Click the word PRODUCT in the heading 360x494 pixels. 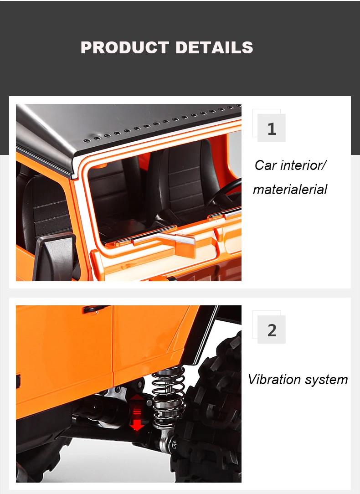click(x=125, y=47)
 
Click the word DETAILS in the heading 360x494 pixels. click(x=214, y=47)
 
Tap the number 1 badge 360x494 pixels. click(x=272, y=128)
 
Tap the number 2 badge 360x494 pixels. click(x=272, y=329)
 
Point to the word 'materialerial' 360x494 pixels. click(x=290, y=189)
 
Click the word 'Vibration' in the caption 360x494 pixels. click(x=274, y=379)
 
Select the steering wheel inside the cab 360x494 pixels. click(x=225, y=192)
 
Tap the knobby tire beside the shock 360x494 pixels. click(x=210, y=410)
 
